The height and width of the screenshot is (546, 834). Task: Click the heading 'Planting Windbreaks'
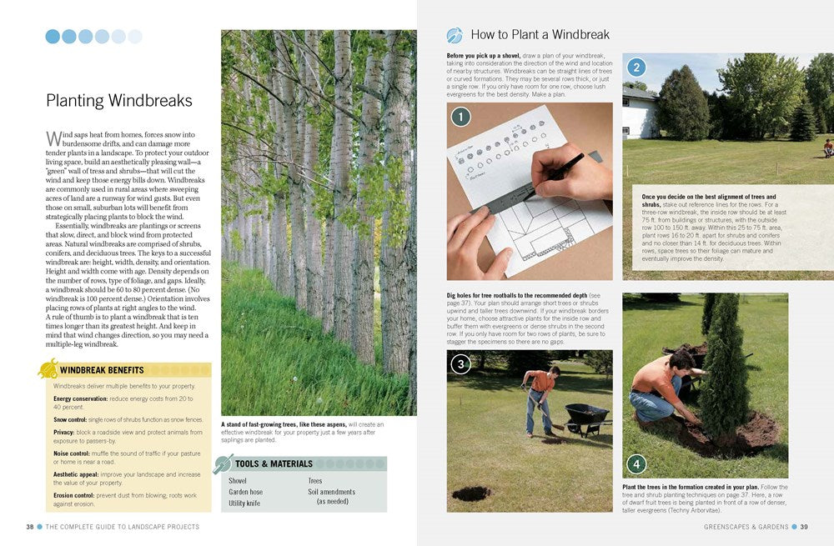[118, 101]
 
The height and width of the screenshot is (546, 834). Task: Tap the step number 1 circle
[461, 117]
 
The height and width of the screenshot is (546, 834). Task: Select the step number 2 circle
[636, 68]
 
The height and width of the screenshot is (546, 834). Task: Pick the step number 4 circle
[636, 463]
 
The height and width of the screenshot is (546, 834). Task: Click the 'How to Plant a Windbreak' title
[540, 35]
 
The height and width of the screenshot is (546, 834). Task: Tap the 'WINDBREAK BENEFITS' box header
[102, 370]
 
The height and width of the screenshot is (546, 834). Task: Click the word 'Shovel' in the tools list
[238, 481]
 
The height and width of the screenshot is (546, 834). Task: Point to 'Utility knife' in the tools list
[245, 503]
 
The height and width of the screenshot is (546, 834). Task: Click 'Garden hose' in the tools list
[245, 492]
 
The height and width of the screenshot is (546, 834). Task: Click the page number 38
[29, 527]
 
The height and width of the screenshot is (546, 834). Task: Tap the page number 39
[804, 527]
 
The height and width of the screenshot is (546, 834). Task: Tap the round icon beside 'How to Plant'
[455, 35]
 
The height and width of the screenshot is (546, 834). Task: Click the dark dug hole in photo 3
[471, 493]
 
